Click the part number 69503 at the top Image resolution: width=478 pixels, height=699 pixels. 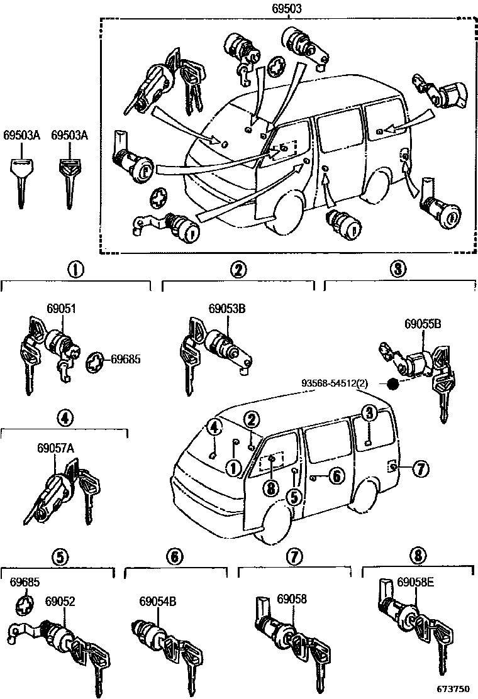[287, 9]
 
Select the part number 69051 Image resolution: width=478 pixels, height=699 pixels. [61, 309]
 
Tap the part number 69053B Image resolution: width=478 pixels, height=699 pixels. [226, 309]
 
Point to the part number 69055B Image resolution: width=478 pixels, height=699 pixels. [422, 324]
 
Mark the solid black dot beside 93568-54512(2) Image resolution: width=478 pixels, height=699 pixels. [393, 383]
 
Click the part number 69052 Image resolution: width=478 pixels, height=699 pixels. [60, 602]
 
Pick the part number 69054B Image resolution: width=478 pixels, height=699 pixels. [157, 602]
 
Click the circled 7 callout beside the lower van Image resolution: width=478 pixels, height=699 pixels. [420, 468]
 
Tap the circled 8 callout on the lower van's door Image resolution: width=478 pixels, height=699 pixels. [272, 487]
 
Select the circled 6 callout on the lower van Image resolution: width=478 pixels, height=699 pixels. [336, 478]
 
